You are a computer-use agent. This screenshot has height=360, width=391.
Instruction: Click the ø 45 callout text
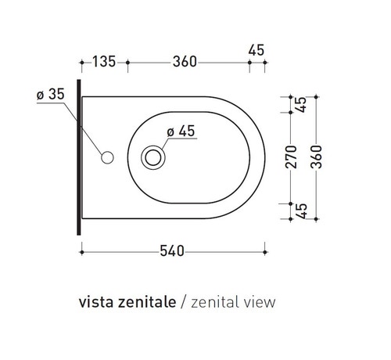[x=180, y=131]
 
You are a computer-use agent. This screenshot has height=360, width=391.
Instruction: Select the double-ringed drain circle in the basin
[x=153, y=157]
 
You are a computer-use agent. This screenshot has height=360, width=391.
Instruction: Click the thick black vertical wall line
[x=79, y=157]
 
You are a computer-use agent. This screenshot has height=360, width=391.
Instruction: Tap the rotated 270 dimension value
[x=290, y=157]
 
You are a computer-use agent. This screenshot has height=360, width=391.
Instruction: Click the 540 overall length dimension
[x=172, y=251]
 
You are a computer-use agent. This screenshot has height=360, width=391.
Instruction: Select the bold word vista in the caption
[x=95, y=301]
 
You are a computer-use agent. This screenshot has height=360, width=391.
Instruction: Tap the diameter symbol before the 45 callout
[x=169, y=131]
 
